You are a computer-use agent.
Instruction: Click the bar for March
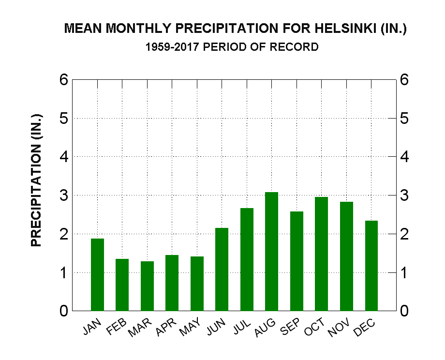pos(147,286)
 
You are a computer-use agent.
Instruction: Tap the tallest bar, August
pos(271,251)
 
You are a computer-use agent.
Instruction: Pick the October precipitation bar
pos(321,254)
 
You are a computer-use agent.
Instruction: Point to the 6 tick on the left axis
pos(63,80)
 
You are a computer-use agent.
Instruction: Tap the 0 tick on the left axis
pos(63,311)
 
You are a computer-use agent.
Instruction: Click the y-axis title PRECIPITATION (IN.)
pos(37,180)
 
